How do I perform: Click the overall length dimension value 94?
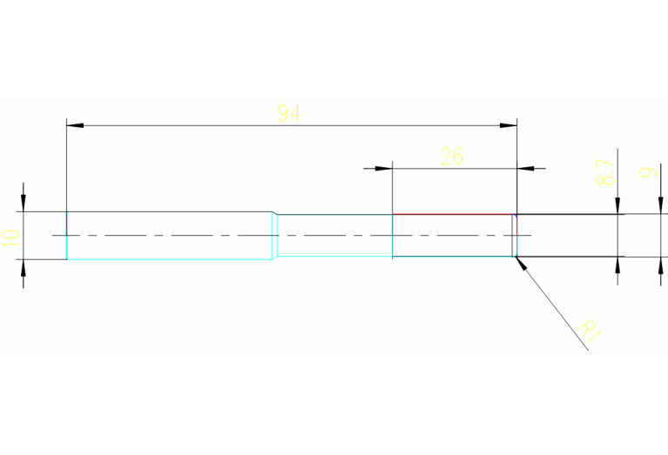click(x=288, y=112)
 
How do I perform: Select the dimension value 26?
click(x=452, y=157)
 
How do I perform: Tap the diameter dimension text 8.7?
click(x=605, y=171)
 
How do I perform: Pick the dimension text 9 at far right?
click(x=646, y=172)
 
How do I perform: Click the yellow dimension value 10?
click(x=10, y=237)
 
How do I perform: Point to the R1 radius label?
click(x=590, y=331)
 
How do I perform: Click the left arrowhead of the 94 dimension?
click(x=75, y=126)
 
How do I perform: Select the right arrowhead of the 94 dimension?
click(x=509, y=126)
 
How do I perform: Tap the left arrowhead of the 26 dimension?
click(x=384, y=167)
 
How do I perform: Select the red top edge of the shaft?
click(x=453, y=214)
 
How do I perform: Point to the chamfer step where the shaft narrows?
click(x=275, y=235)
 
